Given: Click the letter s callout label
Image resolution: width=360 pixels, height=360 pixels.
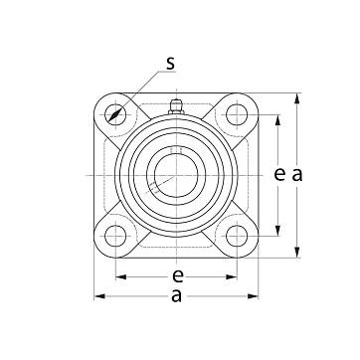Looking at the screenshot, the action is click(170, 63).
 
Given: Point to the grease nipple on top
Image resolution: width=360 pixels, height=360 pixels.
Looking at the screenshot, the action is click(176, 106).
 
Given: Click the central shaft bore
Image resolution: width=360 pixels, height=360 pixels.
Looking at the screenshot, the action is click(176, 175).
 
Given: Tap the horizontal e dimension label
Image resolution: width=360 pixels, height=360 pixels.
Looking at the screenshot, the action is click(178, 275).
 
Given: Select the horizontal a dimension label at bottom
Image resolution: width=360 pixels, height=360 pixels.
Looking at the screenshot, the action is click(176, 295).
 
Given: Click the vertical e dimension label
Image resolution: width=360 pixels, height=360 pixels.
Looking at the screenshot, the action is click(279, 174).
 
